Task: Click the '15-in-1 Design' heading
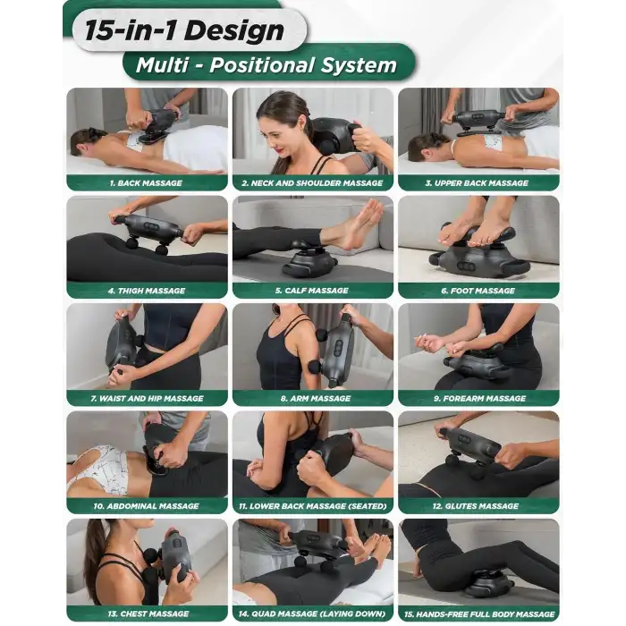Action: (x=184, y=30)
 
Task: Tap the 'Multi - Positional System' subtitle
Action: (x=266, y=65)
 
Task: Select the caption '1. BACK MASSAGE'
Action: (x=146, y=183)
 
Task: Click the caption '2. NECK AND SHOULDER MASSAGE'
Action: (x=312, y=183)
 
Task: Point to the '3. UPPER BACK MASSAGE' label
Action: (x=477, y=183)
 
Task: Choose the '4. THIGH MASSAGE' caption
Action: (x=147, y=291)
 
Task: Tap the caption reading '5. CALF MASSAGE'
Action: (x=312, y=291)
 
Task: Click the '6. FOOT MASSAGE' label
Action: (x=478, y=291)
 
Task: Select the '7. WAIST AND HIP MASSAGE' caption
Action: (x=147, y=399)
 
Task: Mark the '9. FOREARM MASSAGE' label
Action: (x=480, y=399)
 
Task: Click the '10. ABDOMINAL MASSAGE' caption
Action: (x=146, y=506)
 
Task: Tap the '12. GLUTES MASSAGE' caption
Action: (x=476, y=506)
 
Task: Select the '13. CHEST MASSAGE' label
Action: (x=148, y=613)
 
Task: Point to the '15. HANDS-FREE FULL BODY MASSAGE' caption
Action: (x=479, y=614)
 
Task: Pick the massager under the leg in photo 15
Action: (x=489, y=583)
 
